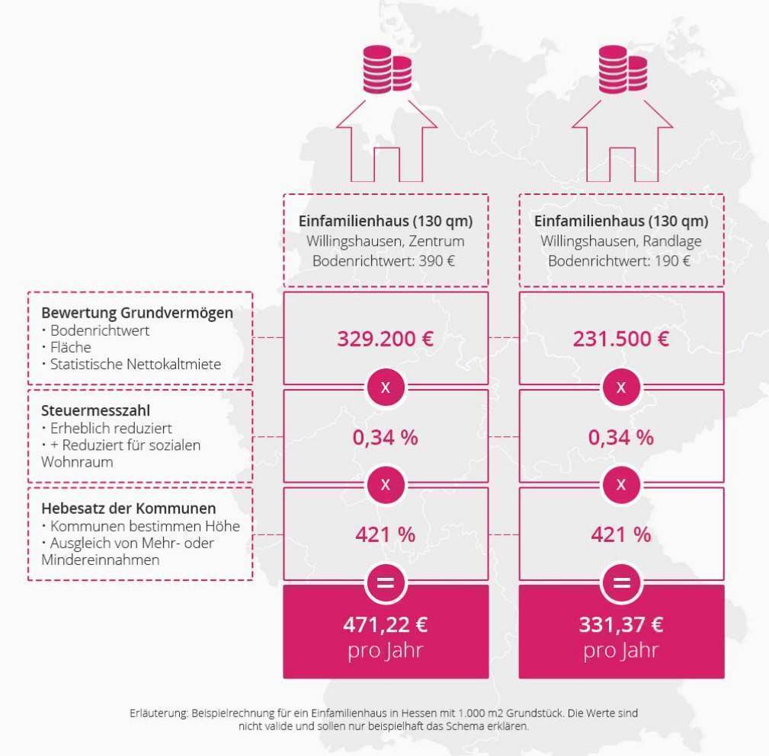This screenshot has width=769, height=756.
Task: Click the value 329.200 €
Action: point(386,339)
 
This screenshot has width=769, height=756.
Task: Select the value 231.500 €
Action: point(621,339)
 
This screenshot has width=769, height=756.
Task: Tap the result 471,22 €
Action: point(386,625)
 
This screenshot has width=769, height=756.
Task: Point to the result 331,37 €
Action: point(621,625)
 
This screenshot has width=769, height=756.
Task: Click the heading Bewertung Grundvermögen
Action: point(137,313)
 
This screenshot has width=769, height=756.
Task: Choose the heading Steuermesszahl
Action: point(95,410)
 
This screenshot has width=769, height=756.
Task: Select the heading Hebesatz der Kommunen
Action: point(129,508)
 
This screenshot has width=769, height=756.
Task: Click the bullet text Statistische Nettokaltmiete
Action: point(136,364)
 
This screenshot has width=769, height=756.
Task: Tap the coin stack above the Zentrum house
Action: point(387,69)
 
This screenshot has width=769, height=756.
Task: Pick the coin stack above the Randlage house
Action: point(623,69)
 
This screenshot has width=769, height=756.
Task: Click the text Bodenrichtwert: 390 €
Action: point(383,260)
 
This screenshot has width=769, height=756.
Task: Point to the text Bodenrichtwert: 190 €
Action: point(619,260)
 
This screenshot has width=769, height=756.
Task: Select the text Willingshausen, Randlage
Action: point(621,241)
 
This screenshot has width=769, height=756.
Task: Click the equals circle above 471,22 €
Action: point(386,583)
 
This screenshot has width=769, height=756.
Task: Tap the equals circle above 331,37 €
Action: point(621,583)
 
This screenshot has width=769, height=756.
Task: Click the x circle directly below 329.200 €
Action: point(386,387)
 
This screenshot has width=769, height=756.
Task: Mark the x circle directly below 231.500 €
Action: point(621,387)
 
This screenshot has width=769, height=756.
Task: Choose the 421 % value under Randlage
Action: point(621,534)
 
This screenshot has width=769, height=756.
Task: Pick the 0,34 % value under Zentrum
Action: point(386,437)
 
